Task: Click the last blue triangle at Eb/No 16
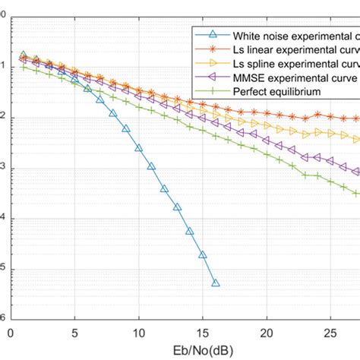[x=216, y=283]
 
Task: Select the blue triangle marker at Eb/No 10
[x=139, y=148]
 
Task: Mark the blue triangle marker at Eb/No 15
[x=203, y=255]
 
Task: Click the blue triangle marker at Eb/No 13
[x=177, y=207]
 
